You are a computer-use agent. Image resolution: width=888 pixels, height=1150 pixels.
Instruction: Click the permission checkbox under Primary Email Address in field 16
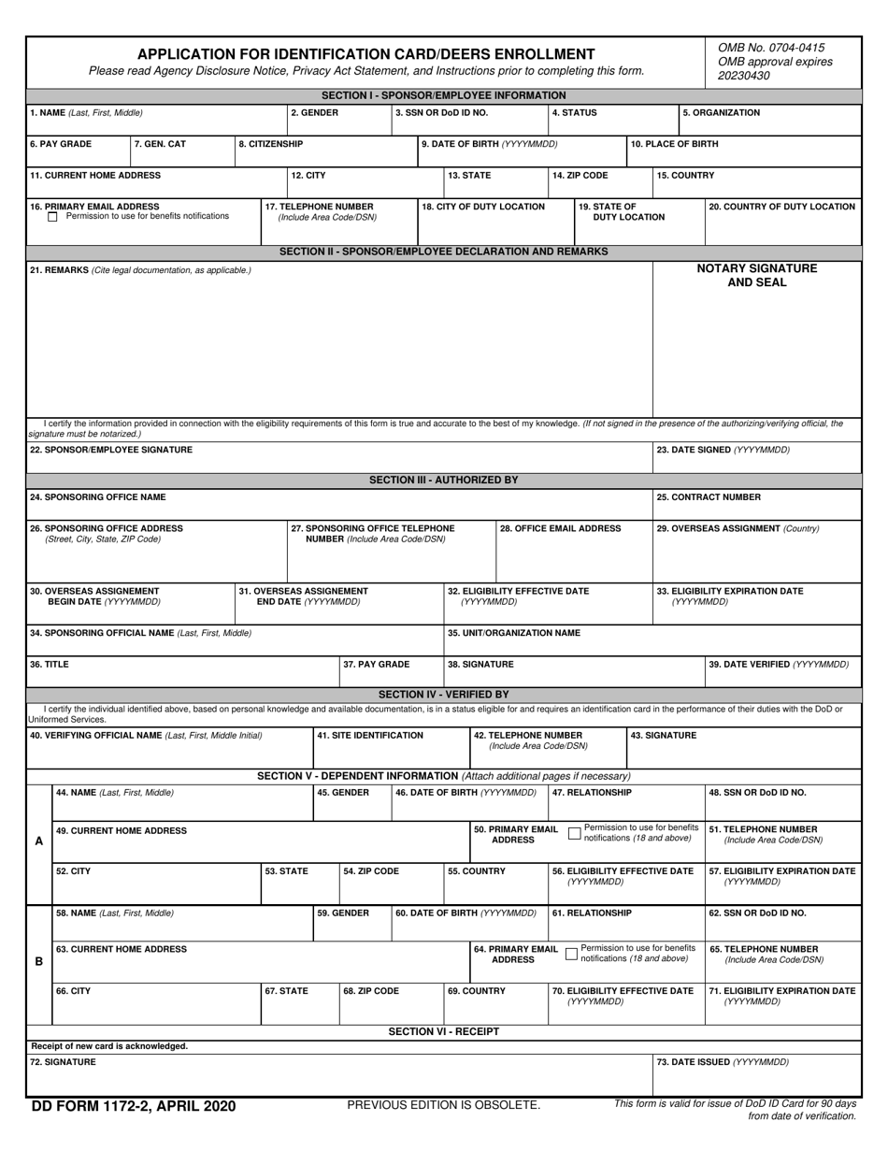(52, 217)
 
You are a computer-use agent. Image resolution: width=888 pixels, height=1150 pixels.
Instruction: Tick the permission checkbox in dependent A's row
(573, 833)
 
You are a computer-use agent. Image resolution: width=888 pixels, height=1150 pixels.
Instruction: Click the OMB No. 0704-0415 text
(771, 47)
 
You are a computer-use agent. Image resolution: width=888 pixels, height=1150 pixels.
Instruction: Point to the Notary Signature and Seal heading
(757, 275)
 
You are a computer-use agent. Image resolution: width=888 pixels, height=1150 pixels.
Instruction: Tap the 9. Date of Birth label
(489, 145)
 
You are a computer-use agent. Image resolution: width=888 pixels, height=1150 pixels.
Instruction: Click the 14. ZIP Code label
(580, 176)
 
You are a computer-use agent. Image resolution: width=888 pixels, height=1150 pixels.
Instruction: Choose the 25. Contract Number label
(709, 497)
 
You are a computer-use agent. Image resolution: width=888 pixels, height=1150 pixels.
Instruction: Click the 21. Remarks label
(140, 270)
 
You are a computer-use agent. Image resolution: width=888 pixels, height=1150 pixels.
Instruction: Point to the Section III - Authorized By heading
(443, 480)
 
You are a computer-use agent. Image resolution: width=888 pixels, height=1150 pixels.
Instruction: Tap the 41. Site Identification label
(370, 736)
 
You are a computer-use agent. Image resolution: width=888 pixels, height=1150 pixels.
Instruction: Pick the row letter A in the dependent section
(38, 841)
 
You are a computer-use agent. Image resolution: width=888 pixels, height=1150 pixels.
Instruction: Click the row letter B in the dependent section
(38, 961)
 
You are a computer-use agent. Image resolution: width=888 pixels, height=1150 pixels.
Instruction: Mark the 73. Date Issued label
(723, 1063)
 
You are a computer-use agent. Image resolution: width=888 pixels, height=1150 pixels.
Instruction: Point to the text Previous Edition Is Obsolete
(443, 1105)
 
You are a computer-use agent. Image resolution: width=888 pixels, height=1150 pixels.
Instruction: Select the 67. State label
(286, 991)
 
